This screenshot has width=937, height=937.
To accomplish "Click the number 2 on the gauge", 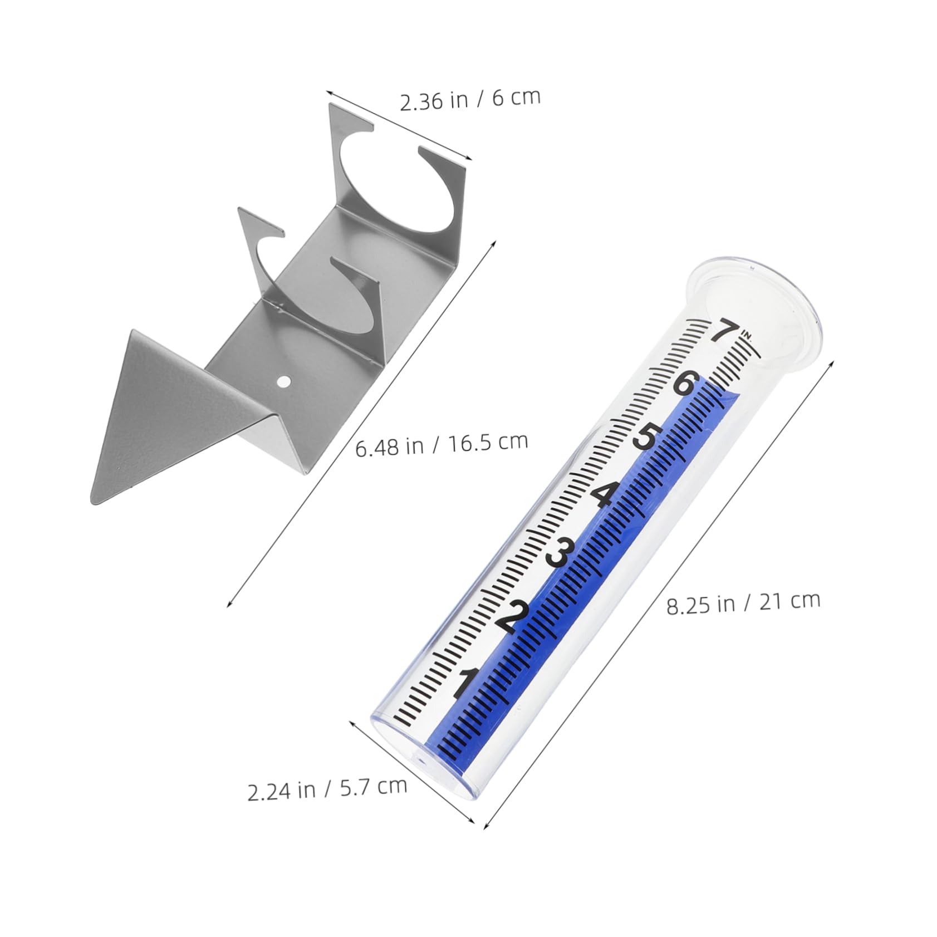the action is tap(515, 617).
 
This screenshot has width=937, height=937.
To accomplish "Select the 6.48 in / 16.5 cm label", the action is tap(441, 444).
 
